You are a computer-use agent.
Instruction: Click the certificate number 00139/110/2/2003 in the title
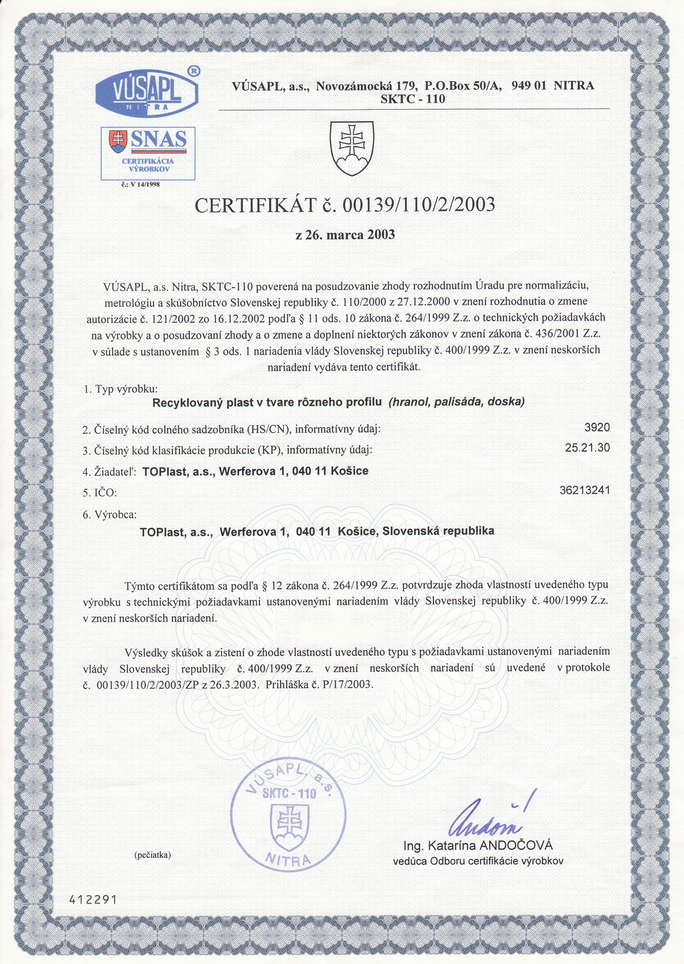419,205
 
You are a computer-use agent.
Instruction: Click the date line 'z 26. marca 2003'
345,235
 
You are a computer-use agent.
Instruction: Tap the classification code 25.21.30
587,448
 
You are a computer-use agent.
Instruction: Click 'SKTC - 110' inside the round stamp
289,794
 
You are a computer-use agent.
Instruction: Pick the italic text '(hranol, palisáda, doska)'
457,402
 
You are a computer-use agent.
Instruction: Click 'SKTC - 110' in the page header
412,99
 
